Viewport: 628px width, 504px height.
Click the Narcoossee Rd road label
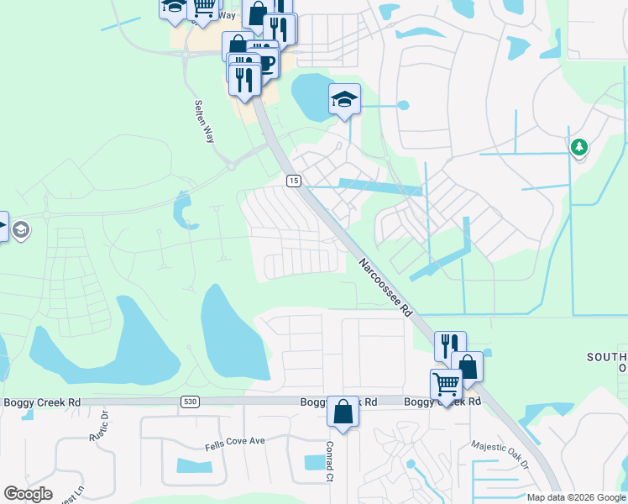tap(386, 286)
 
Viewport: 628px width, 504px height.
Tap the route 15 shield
tap(293, 181)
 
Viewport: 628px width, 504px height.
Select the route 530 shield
tap(190, 403)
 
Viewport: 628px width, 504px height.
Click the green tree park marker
tap(578, 148)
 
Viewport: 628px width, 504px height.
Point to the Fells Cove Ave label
tap(235, 442)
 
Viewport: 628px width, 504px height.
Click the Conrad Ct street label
tap(330, 462)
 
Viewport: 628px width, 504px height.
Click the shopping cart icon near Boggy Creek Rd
tap(446, 385)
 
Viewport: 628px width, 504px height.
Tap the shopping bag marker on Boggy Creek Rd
tap(343, 412)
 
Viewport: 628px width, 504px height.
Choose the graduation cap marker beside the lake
tap(344, 99)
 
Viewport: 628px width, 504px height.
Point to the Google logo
tap(28, 494)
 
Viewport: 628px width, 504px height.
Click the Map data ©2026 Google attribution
tap(575, 497)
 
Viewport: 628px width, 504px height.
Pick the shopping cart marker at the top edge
tap(203, 8)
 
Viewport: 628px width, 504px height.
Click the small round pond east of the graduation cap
tap(403, 106)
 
